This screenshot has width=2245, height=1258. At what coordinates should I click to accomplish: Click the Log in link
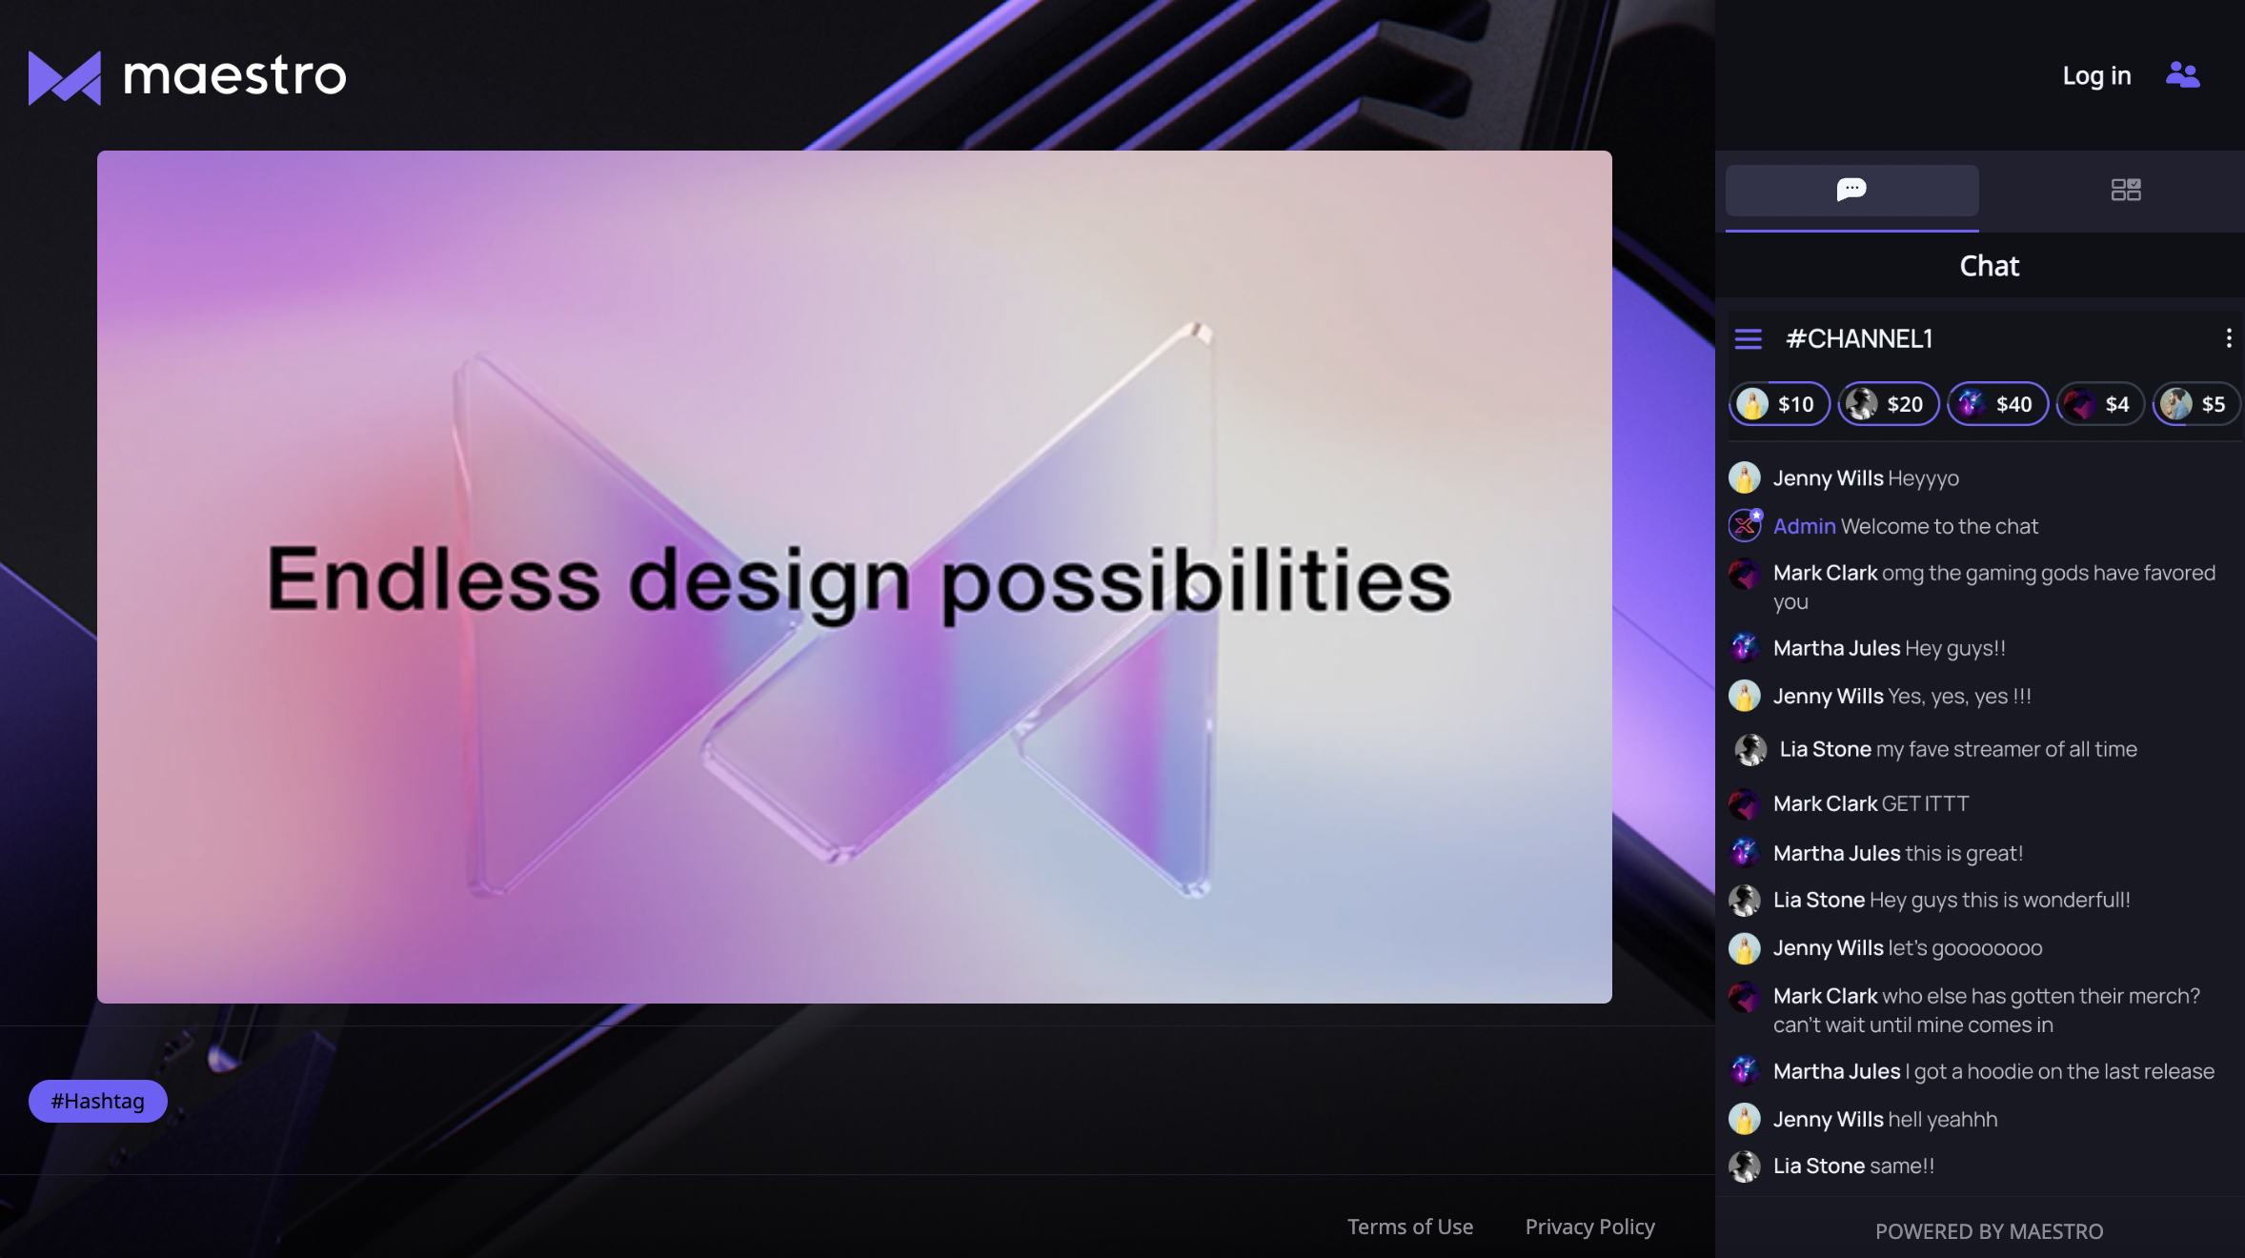coord(2096,75)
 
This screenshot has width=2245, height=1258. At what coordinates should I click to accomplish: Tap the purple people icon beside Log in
coord(2182,74)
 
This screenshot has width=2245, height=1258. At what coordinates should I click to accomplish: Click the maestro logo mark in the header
coord(65,77)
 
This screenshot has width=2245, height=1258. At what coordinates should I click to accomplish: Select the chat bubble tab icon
coord(1851,189)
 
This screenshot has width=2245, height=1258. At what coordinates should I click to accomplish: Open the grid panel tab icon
coord(2126,190)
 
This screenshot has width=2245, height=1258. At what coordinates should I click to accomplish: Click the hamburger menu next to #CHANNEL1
coord(1749,338)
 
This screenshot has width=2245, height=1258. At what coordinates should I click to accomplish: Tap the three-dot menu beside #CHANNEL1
coord(2229,337)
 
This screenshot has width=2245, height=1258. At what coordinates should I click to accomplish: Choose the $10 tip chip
coord(1779,404)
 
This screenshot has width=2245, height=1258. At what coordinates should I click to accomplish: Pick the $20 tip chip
coord(1889,404)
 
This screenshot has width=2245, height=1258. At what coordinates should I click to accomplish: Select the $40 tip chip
coord(1997,404)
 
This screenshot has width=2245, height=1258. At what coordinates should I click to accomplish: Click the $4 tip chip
coord(2100,404)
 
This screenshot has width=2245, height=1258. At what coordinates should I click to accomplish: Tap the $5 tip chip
coord(2196,404)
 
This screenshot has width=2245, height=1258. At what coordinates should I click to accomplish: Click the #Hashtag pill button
coord(98,1101)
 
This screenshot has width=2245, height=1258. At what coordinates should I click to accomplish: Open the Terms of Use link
coord(1410,1227)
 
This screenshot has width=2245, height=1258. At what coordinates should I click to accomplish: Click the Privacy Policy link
coord(1589,1227)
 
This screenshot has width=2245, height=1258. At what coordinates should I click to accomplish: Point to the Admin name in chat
coord(1804,526)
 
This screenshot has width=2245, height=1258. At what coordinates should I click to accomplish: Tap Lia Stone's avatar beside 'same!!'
coord(1745,1166)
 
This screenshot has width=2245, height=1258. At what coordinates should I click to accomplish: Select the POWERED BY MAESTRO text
coord(1989,1231)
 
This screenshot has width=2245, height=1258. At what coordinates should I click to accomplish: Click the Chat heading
coord(1990,266)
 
